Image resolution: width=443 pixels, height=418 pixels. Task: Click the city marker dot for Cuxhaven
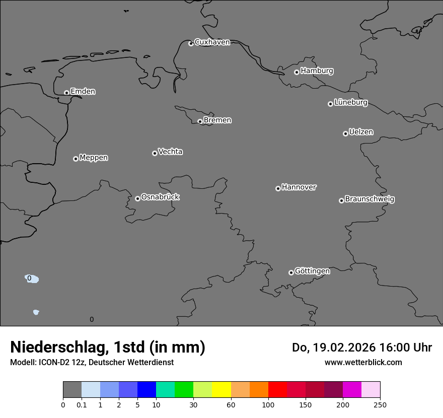(191, 43)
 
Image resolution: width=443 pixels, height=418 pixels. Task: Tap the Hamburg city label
(317, 71)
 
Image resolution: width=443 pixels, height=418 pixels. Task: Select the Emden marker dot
(66, 93)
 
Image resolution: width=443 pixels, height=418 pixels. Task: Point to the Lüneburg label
(350, 102)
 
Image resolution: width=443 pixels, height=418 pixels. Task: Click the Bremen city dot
(200, 121)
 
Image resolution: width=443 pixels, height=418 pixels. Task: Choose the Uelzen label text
(361, 132)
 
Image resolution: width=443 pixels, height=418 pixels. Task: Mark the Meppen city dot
(76, 159)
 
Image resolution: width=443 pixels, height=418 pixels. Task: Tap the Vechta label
(170, 152)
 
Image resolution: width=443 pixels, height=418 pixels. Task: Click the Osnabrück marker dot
(137, 198)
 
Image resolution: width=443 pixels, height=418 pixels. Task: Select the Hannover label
(299, 187)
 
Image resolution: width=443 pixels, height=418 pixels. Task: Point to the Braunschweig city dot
(341, 200)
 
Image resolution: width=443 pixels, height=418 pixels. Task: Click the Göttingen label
(312, 271)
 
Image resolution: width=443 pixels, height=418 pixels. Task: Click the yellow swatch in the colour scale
(221, 390)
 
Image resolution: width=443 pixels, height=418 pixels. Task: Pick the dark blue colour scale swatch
(146, 390)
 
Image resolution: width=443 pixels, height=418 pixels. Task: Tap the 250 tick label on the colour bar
(380, 404)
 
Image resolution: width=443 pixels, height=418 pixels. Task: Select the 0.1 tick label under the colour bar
(82, 404)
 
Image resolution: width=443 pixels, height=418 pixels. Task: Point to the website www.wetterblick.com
(363, 362)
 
